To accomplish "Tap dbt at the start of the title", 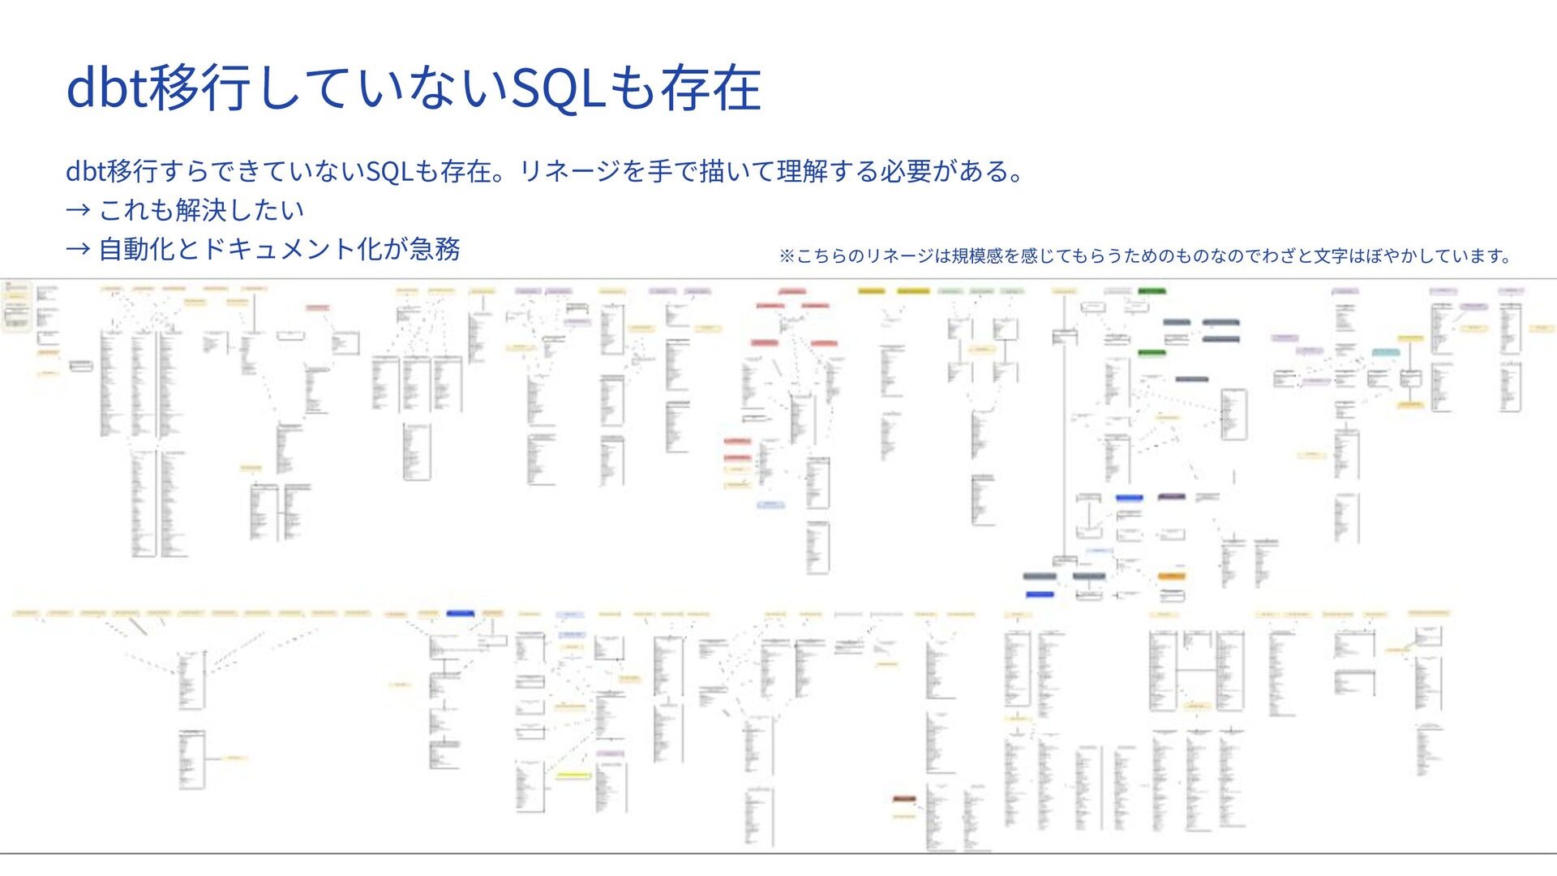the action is point(106,88).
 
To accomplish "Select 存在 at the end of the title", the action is point(710,88).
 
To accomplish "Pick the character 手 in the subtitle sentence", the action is point(659,171).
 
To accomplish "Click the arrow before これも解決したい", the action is point(78,210).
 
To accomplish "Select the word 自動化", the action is point(137,249).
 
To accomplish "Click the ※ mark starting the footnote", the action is point(786,256).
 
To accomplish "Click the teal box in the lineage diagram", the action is point(1385,353).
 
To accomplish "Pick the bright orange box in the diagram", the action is point(1171,576).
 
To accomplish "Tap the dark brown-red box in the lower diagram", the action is point(904,799).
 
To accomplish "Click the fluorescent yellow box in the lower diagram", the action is point(573,775).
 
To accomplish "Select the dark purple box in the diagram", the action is point(1171,496).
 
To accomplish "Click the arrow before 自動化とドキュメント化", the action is point(78,249).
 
